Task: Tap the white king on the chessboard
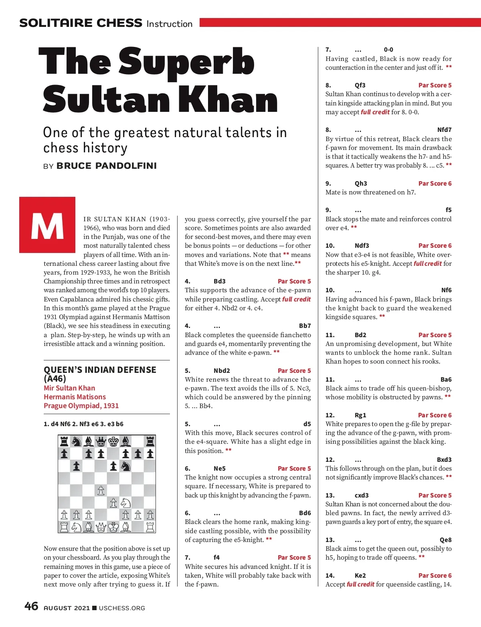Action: coord(113,527)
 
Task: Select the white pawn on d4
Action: coord(101,490)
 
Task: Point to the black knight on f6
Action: coord(126,466)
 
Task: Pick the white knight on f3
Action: coord(126,503)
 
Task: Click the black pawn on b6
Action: coord(77,466)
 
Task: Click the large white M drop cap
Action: coord(47,225)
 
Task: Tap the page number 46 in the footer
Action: coord(31,606)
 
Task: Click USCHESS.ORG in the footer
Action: coord(122,608)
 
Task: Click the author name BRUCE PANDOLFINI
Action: coord(107,166)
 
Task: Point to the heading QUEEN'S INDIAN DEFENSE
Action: coord(100,370)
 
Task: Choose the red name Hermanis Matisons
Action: coord(75,397)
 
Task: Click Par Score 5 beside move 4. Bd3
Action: coord(294,281)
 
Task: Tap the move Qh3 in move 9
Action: coord(361,184)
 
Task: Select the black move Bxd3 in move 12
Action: coord(444,460)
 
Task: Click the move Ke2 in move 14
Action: coord(360,576)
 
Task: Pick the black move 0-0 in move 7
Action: coord(388,50)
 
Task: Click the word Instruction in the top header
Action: coord(170,24)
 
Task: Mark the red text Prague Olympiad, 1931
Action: coord(81,406)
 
